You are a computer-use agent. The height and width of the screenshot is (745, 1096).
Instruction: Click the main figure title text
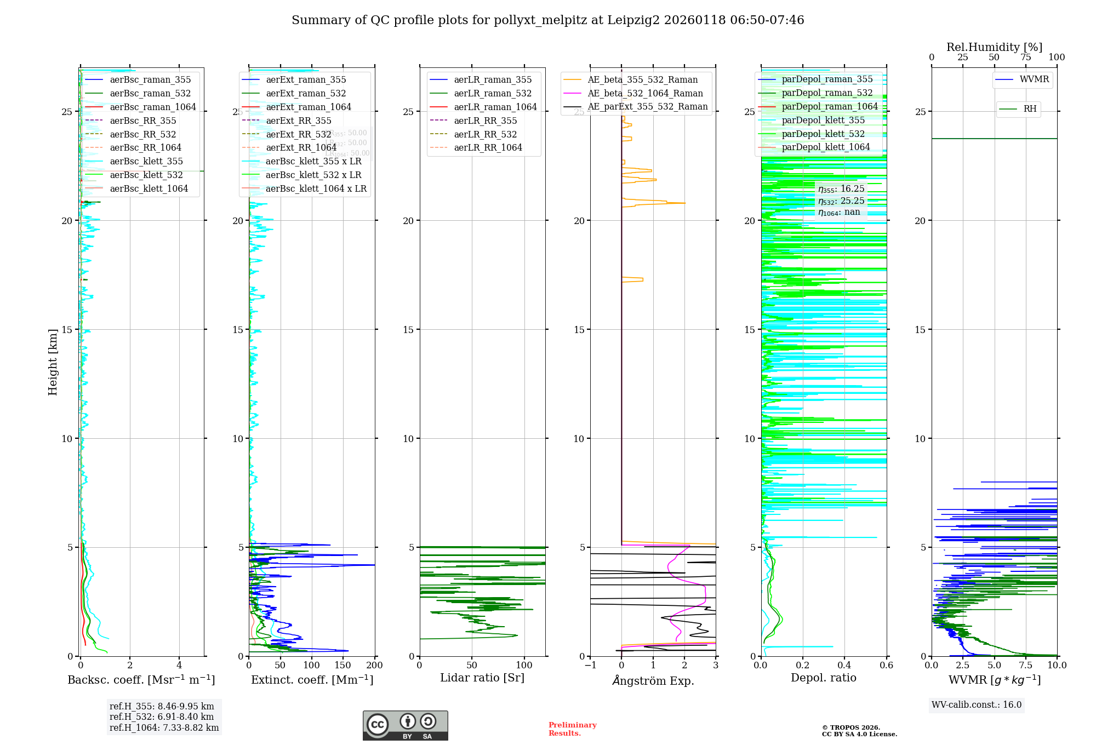547,20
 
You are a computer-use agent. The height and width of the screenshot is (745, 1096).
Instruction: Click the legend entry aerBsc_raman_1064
152,107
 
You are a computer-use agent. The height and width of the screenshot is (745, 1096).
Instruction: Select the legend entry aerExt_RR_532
298,134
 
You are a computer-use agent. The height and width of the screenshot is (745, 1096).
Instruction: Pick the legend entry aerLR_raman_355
492,79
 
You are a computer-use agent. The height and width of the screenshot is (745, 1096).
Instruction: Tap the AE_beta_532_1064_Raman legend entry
645,93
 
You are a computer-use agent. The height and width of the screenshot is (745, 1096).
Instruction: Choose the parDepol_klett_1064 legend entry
825,147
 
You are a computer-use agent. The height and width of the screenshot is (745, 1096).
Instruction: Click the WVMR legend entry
1034,79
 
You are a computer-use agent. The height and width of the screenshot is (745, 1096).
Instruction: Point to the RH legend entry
1030,109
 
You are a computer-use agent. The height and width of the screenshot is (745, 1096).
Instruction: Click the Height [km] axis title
53,362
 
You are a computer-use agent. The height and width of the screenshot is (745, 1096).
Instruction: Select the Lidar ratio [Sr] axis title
482,678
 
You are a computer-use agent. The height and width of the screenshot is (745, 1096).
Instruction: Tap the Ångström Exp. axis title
653,680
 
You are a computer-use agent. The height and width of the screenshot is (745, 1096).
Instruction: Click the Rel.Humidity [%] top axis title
994,47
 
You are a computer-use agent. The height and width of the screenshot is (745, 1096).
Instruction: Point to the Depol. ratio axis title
823,678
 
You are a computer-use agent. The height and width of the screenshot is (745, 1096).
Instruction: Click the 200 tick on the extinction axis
375,666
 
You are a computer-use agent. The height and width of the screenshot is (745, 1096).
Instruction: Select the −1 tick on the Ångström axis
590,666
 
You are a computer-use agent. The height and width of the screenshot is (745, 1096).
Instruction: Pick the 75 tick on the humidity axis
1025,58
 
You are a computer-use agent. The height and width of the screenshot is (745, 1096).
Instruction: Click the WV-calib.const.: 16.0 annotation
976,705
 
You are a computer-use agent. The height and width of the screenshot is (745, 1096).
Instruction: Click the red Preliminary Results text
572,729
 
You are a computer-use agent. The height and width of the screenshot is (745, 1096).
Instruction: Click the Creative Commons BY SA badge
405,725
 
